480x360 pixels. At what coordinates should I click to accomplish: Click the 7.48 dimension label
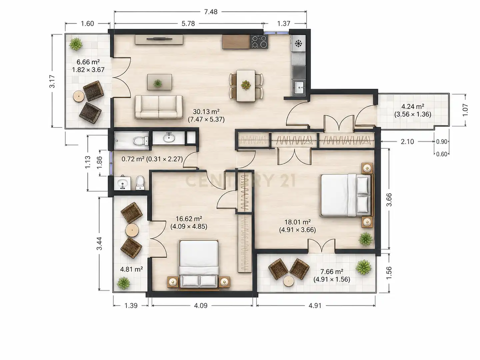[211, 12]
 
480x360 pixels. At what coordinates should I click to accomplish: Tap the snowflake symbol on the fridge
[298, 43]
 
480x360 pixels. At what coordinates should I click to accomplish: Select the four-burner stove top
[259, 42]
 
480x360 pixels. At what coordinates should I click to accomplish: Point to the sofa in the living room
[159, 107]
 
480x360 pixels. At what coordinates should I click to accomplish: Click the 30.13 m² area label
[206, 112]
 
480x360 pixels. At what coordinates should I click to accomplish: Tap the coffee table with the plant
[159, 82]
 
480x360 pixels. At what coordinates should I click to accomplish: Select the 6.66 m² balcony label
[88, 62]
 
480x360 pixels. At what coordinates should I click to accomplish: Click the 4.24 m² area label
[413, 106]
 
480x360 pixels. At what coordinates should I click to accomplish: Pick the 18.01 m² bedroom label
[297, 222]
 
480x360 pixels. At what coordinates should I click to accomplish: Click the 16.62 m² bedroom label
[189, 219]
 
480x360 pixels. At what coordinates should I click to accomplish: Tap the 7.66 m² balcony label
[332, 272]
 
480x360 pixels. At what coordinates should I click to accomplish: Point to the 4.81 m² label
[131, 269]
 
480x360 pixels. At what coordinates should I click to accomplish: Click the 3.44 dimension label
[99, 243]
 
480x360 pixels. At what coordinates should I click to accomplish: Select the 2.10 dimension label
[407, 142]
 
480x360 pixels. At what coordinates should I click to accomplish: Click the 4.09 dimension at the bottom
[201, 306]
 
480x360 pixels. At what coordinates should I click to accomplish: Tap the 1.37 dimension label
[284, 23]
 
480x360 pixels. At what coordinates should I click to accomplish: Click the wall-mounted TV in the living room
[159, 39]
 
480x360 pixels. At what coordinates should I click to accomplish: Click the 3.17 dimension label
[52, 81]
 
